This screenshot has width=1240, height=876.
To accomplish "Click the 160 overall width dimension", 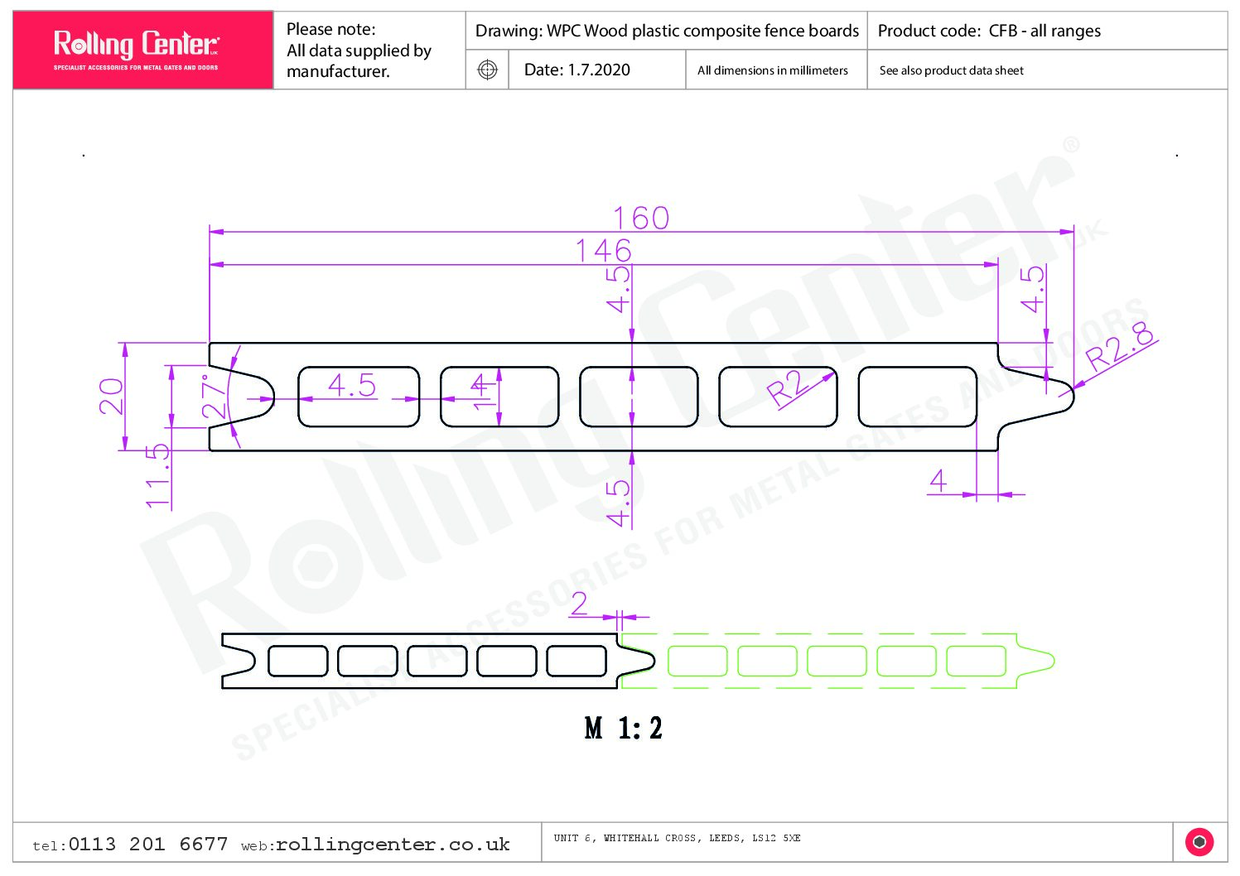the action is point(641,218).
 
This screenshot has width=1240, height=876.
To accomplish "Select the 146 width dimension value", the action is point(603,251).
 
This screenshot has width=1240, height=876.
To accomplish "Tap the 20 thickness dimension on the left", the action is point(111,397).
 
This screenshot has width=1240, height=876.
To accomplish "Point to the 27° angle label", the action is point(213,397).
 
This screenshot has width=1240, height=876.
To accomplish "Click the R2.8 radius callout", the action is point(1119,346).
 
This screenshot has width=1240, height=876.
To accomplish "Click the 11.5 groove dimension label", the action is point(157,475).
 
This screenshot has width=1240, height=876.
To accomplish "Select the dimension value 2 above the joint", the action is point(579,604).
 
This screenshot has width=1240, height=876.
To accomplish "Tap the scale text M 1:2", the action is point(624,728).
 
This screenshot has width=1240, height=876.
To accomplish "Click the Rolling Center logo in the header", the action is point(136,49).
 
